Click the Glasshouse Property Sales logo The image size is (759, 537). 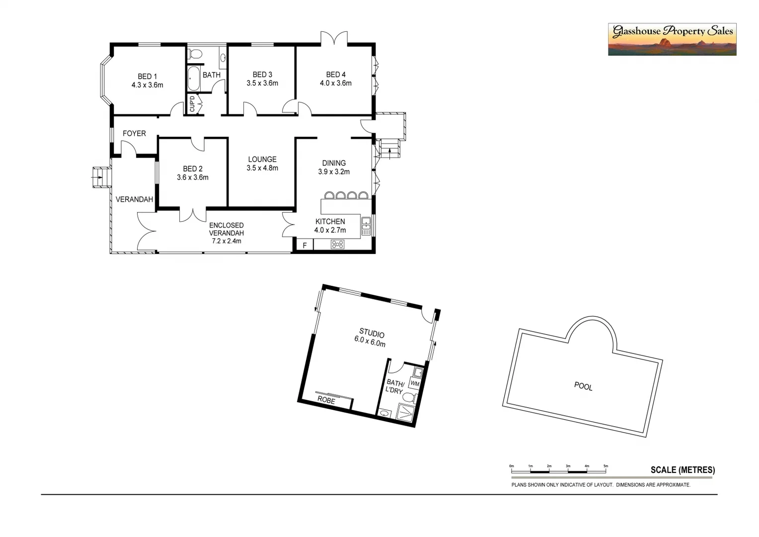(672, 39)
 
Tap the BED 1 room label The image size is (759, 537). (147, 77)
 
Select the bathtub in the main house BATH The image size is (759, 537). (193, 79)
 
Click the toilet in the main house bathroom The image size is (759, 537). (196, 54)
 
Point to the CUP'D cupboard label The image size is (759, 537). (192, 104)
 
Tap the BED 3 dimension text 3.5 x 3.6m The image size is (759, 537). (262, 84)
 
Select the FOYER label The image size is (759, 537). (134, 134)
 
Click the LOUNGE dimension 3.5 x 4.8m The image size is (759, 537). (262, 168)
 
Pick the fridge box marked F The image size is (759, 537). (304, 245)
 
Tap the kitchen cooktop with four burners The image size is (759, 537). (338, 245)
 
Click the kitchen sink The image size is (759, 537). (366, 226)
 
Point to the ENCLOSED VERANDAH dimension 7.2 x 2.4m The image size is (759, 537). (226, 241)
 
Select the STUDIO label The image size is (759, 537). (372, 333)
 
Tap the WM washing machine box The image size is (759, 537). (415, 384)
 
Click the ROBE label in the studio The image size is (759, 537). (326, 400)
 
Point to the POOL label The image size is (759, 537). (583, 386)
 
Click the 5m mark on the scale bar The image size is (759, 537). (606, 466)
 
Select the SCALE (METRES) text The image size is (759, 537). (683, 470)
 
